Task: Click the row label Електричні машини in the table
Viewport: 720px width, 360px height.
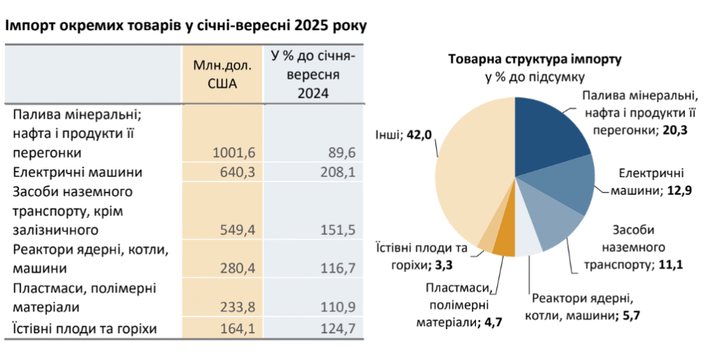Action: pos(77,172)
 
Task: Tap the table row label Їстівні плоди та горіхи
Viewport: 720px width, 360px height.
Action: pos(84,328)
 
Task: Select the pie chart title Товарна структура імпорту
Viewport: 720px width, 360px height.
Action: pos(534,59)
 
